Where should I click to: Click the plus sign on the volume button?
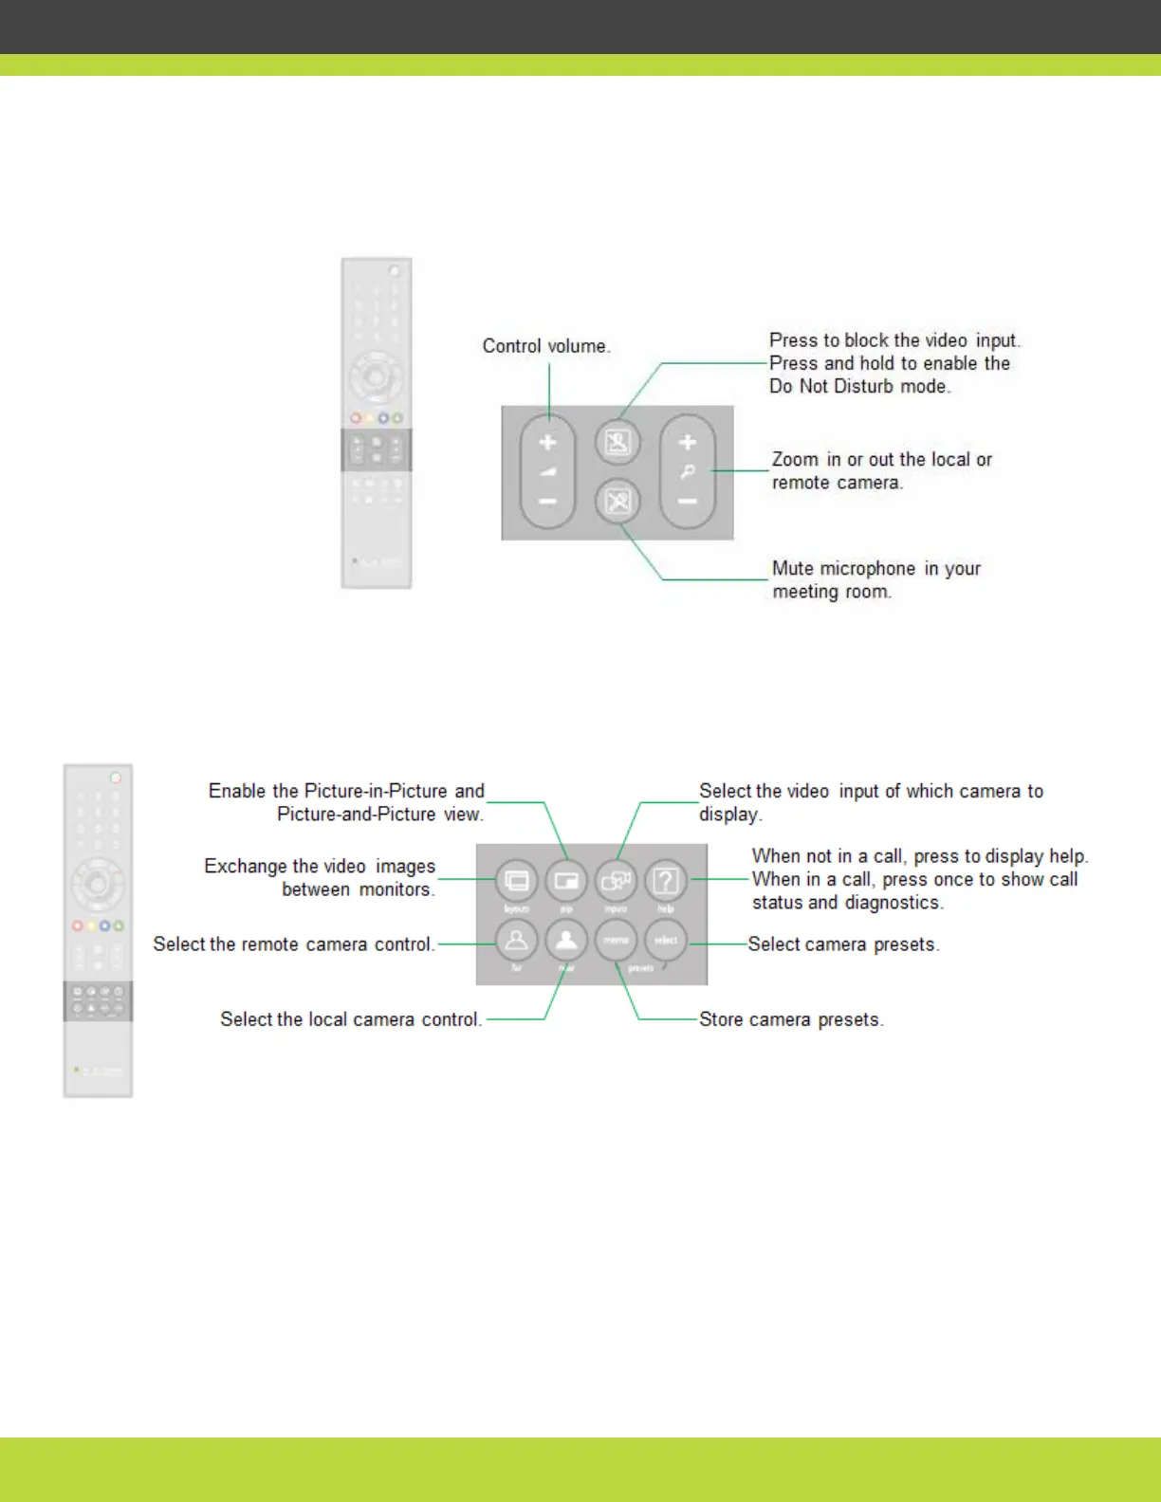tap(547, 443)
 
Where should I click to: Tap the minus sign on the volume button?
tap(547, 501)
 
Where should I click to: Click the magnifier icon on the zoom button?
tap(688, 471)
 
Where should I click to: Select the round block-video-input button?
tap(617, 442)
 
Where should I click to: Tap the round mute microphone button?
tap(617, 501)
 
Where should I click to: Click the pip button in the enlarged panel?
tap(566, 881)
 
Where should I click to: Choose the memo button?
tap(616, 940)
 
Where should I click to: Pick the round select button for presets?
tap(666, 940)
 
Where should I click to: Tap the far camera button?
tap(517, 940)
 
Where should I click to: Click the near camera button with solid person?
tap(566, 940)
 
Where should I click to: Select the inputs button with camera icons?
tap(616, 881)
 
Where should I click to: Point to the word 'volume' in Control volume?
tap(577, 346)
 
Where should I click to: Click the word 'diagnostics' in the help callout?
tap(894, 903)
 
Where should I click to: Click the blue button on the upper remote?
tap(383, 417)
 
